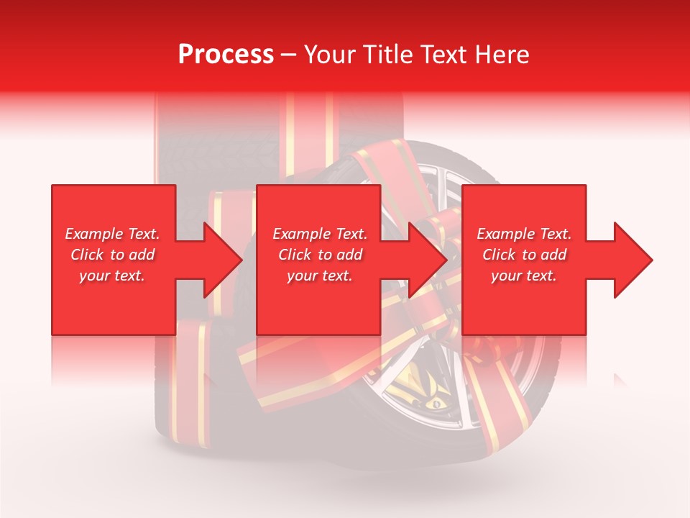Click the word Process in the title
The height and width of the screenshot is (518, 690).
[226, 55]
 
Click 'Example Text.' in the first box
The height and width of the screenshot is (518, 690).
[112, 234]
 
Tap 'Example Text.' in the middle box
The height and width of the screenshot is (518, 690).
[320, 234]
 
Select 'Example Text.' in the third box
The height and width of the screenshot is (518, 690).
[524, 234]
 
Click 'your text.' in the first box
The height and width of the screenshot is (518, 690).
[112, 276]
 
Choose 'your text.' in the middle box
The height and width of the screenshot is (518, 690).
[320, 276]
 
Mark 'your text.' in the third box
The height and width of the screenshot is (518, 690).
[524, 276]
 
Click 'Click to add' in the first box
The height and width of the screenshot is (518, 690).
[112, 255]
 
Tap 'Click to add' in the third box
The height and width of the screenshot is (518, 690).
[524, 255]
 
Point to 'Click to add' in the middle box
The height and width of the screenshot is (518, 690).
[320, 255]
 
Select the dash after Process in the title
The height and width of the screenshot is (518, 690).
[289, 55]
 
